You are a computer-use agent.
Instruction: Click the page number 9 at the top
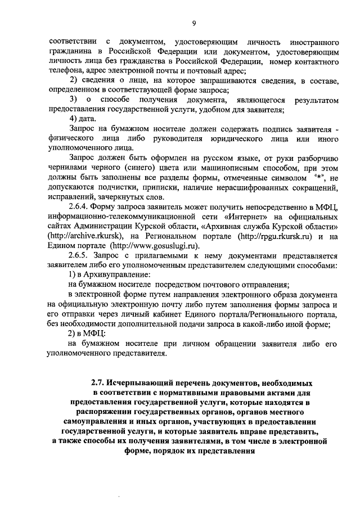point(193,22)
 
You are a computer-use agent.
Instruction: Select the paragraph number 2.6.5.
point(80,256)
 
